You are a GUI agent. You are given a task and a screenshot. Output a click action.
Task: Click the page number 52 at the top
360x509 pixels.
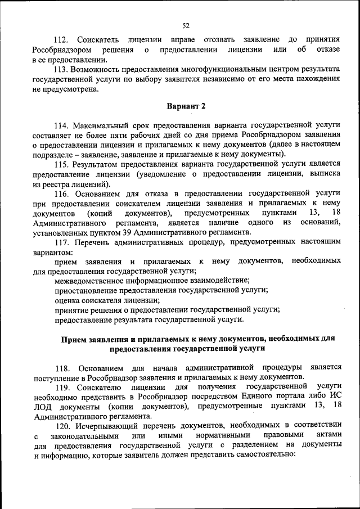coord(186,25)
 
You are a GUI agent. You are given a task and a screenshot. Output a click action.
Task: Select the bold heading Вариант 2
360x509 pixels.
coord(186,106)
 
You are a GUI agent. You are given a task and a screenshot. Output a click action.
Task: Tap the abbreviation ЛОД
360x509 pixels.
coord(43,406)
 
